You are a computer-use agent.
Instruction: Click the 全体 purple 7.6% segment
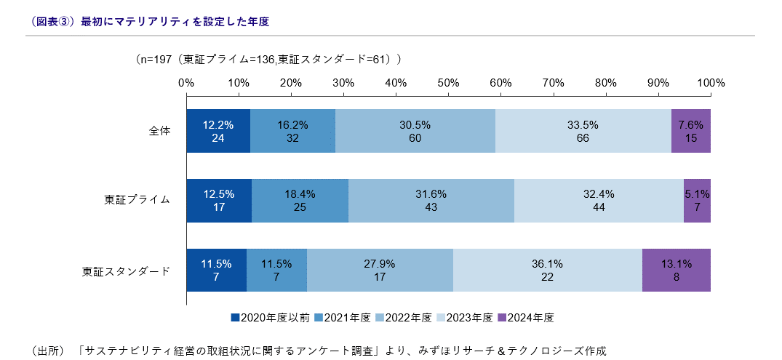(690, 131)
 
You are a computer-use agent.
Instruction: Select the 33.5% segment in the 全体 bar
(583, 131)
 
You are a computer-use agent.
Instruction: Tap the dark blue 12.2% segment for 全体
(218, 131)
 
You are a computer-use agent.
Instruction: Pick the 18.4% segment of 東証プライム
(300, 201)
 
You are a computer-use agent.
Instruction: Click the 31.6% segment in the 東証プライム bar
(431, 201)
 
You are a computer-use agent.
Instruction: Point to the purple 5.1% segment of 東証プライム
(697, 201)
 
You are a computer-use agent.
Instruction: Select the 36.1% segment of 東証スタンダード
(547, 270)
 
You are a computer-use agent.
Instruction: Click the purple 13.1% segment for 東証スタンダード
(676, 270)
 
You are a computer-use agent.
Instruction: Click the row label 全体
(159, 131)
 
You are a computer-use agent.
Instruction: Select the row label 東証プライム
(137, 201)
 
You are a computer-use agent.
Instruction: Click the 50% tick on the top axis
(448, 83)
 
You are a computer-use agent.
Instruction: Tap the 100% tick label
(711, 83)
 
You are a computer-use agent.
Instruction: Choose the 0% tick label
(186, 83)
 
